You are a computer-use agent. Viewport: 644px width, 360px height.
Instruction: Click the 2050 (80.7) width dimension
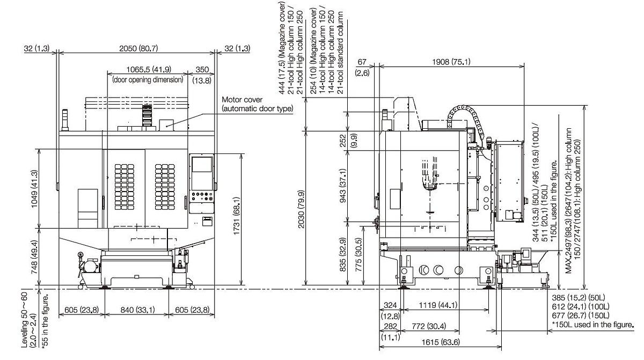tap(136, 49)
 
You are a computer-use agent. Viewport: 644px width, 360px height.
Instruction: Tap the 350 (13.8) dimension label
tap(202, 69)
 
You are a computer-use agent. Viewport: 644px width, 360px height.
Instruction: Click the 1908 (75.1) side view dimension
tap(451, 62)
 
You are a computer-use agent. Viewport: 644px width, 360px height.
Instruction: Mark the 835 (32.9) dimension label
tap(351, 252)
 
